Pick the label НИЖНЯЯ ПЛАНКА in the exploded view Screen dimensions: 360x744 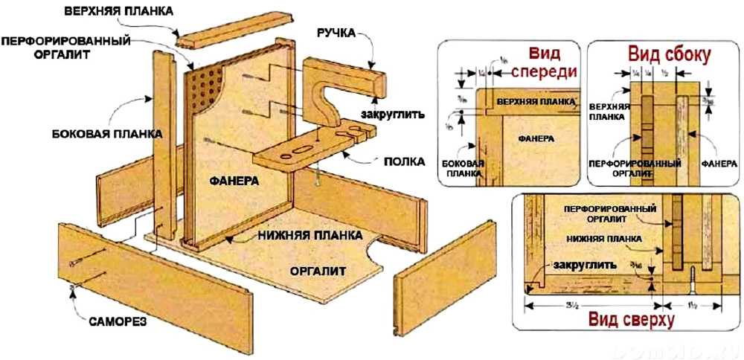click(309, 235)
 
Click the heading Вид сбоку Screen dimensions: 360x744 click(669, 55)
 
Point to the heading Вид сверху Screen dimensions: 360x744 click(631, 320)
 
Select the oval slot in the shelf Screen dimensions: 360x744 click(296, 150)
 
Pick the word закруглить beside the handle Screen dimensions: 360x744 click(392, 115)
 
